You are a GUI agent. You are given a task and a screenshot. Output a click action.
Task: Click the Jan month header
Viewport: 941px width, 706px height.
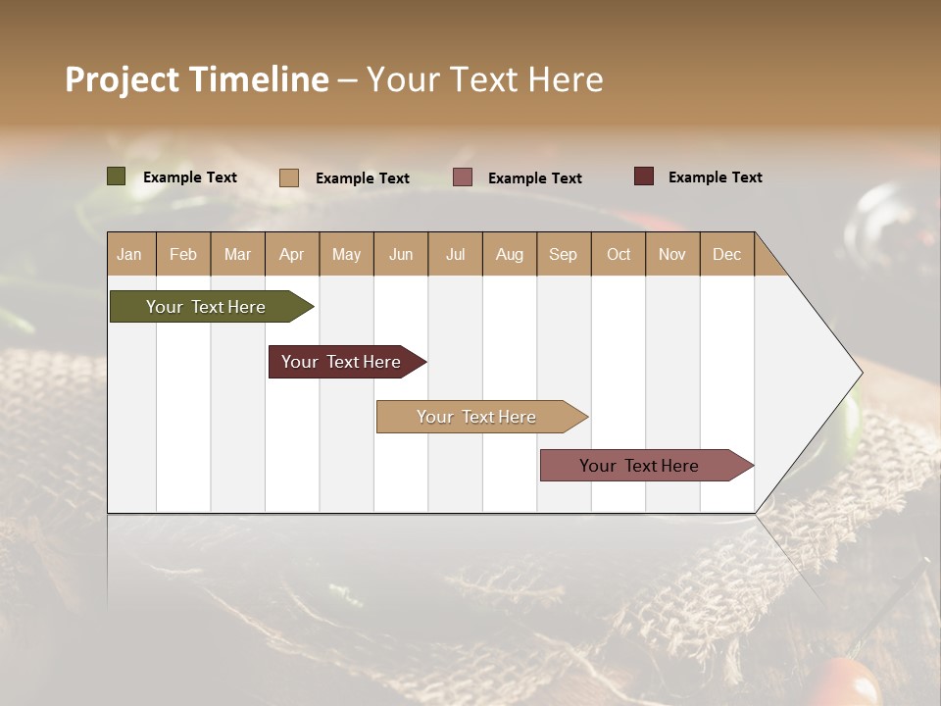pyautogui.click(x=130, y=254)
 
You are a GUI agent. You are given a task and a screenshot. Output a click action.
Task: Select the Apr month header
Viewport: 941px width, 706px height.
pyautogui.click(x=292, y=254)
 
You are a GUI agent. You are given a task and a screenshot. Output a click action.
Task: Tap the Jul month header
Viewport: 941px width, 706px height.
pyautogui.click(x=456, y=254)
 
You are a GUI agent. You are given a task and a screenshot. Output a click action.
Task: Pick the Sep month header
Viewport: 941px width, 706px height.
pyautogui.click(x=564, y=254)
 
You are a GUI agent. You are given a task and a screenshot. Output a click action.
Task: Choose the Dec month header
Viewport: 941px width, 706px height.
pyautogui.click(x=727, y=254)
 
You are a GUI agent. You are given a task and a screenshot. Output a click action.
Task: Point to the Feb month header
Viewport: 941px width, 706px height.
pyautogui.click(x=183, y=254)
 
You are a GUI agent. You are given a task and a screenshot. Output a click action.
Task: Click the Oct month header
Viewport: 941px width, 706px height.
pyautogui.click(x=619, y=254)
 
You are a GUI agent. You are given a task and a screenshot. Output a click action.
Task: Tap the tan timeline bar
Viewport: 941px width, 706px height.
pyautogui.click(x=477, y=417)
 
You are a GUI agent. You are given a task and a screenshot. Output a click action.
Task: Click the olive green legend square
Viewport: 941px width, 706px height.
pyautogui.click(x=117, y=176)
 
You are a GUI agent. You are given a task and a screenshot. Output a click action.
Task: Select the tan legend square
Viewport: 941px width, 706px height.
pyautogui.click(x=289, y=177)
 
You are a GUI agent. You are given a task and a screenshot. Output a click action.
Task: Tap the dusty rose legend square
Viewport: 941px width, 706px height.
pyautogui.click(x=463, y=177)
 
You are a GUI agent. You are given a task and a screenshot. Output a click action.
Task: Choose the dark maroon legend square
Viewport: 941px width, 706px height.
pyautogui.click(x=644, y=176)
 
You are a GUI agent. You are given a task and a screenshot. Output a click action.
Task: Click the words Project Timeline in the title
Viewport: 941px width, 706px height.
pyautogui.click(x=197, y=79)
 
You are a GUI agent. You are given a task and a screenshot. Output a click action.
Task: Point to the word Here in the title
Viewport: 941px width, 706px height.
pyautogui.click(x=566, y=79)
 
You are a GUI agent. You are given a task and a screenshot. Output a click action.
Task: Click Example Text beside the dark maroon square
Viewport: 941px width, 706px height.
pyautogui.click(x=716, y=177)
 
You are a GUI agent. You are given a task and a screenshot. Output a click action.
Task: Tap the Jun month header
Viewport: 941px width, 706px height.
pyautogui.click(x=401, y=254)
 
